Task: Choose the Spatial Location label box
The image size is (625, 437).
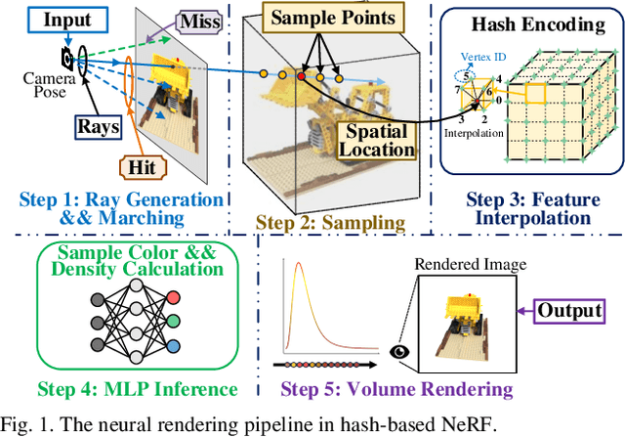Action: coord(376,139)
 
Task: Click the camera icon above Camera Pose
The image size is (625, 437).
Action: coord(64,58)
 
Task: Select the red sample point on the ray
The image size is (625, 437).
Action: coord(301,75)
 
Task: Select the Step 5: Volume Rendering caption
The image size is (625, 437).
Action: coord(396,390)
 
